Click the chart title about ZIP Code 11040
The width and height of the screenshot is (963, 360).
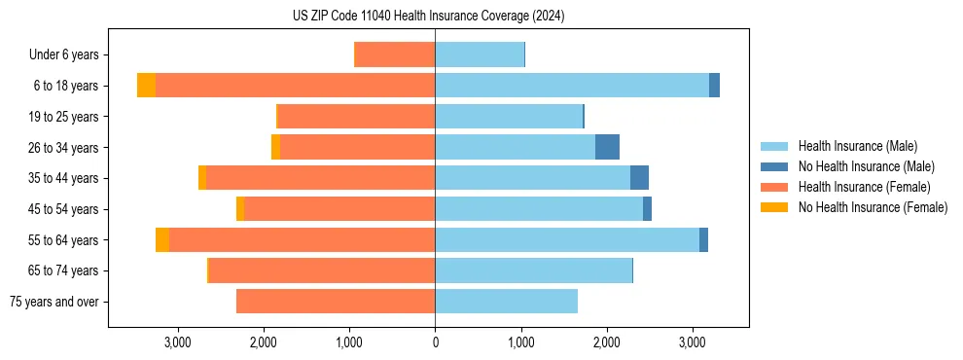tap(428, 17)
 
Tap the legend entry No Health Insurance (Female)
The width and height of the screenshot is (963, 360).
tap(873, 207)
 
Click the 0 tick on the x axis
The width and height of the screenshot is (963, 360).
tap(435, 342)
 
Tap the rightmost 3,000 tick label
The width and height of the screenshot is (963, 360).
tap(692, 342)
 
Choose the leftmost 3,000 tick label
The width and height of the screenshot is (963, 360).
tap(178, 342)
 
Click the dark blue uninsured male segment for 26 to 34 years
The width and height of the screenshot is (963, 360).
tap(607, 147)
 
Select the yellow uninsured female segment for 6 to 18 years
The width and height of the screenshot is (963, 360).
tap(146, 86)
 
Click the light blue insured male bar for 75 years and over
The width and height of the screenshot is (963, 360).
tap(506, 302)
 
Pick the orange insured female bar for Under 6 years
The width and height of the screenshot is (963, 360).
tap(395, 54)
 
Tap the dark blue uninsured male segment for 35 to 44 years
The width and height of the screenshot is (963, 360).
tap(639, 178)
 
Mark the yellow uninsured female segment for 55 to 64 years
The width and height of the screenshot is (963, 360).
tap(162, 239)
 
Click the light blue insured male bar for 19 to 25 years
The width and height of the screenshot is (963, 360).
tap(509, 117)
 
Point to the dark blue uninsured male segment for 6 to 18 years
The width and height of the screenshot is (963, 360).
tap(714, 86)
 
